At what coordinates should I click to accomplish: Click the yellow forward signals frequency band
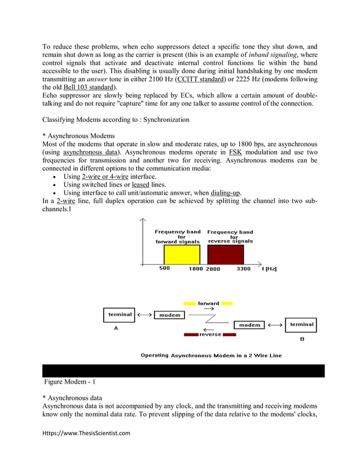(x=182, y=255)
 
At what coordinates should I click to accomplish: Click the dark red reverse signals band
(x=226, y=255)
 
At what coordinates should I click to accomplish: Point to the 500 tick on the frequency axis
(x=164, y=269)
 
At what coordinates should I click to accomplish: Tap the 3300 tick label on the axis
(x=243, y=269)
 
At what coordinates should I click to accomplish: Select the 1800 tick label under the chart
(x=196, y=269)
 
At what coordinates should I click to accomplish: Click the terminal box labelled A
(x=119, y=314)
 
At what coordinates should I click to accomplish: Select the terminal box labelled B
(x=301, y=324)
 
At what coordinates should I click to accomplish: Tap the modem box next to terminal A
(x=169, y=315)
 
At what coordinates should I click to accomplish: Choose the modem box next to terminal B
(x=249, y=325)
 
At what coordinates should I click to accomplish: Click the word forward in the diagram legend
(x=208, y=304)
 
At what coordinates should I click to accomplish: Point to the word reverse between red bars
(x=210, y=335)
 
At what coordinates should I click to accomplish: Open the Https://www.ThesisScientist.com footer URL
(x=86, y=433)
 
